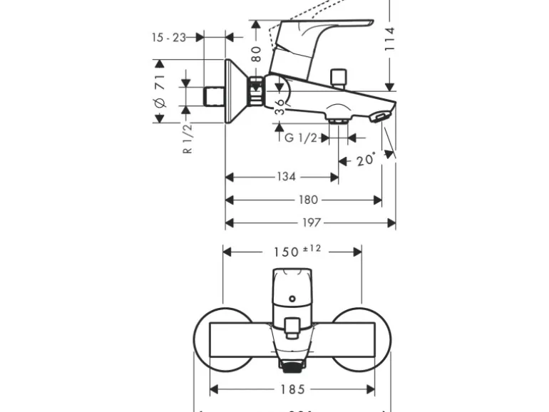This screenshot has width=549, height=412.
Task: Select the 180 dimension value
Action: (308, 200)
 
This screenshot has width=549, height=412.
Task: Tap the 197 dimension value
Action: (311, 223)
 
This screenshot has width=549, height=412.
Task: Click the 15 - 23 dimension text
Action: (168, 37)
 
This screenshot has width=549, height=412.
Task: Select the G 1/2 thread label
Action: (300, 138)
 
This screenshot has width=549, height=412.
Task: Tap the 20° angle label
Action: (366, 160)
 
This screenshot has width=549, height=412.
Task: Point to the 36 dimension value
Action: (280, 107)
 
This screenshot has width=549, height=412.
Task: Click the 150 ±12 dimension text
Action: (298, 251)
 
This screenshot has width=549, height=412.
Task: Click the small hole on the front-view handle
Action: (292, 299)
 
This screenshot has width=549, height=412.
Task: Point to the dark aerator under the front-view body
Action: (291, 367)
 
